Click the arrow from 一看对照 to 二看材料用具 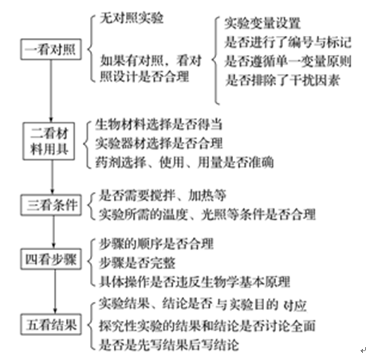[x=51, y=91]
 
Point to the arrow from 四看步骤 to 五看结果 [x=55, y=292]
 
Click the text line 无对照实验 [x=132, y=18]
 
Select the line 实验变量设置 [x=262, y=23]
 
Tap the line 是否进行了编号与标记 [x=288, y=42]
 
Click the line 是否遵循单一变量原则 [x=288, y=61]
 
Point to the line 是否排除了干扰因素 [x=282, y=80]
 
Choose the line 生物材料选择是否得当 [x=159, y=124]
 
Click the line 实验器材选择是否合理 [x=159, y=143]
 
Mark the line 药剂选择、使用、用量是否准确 [x=184, y=162]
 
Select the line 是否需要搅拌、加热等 [x=163, y=195]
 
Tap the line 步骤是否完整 [x=137, y=263]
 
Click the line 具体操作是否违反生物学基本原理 [x=195, y=282]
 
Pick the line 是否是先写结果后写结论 [x=169, y=345]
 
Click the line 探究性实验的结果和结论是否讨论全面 [x=207, y=326]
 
